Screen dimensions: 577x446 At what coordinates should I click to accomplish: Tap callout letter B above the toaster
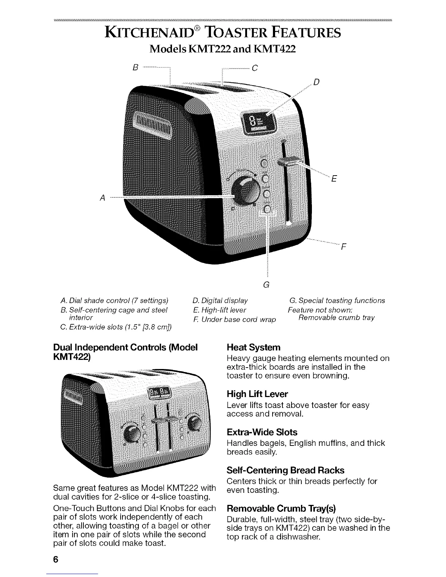[136, 68]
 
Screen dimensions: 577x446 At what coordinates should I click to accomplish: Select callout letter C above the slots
[255, 68]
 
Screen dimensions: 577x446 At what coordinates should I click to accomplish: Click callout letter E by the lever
[334, 179]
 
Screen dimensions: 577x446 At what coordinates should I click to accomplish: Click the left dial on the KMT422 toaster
[132, 433]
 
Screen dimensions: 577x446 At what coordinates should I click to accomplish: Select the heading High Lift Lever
[257, 394]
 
